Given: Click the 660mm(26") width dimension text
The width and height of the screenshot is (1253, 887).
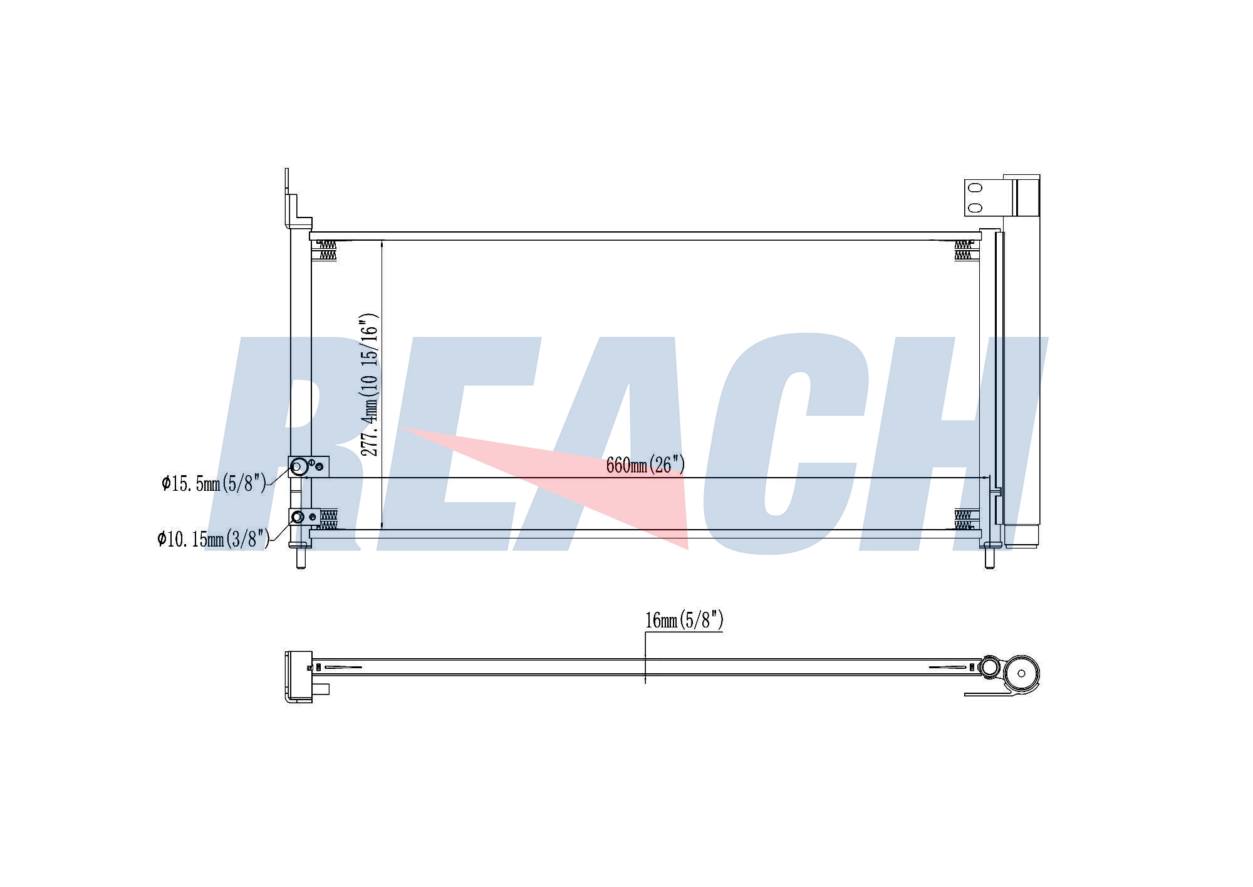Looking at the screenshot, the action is point(645,464).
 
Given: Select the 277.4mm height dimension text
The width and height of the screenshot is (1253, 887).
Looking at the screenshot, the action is point(370,384).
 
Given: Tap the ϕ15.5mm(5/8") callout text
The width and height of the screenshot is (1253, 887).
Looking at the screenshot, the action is point(214,483).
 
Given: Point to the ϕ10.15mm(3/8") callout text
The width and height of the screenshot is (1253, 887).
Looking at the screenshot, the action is point(213,538).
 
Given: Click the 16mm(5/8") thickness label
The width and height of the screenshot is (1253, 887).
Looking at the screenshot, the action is point(684,620).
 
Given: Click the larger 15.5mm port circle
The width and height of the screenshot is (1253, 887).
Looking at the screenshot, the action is point(299,466).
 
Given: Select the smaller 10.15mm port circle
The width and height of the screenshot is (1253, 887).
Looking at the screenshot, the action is point(298,517).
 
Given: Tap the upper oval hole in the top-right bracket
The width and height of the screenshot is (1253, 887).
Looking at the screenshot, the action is point(975,187).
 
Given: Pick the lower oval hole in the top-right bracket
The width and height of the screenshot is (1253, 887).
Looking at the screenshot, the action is point(975,207).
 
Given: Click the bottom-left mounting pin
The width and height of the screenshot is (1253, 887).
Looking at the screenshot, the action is point(301,557).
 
